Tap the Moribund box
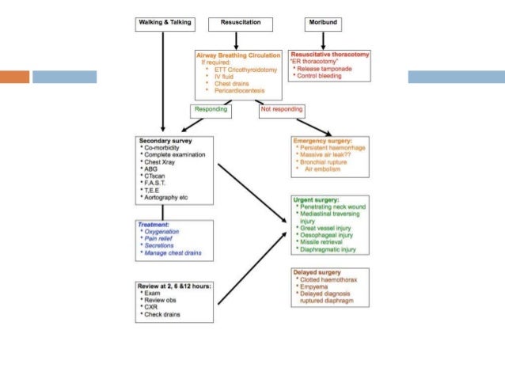click(322, 24)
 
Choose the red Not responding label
click(283, 110)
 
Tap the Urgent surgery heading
click(317, 200)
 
